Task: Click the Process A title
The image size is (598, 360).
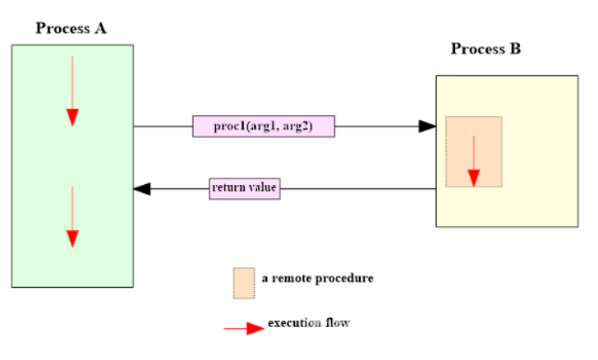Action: [71, 29]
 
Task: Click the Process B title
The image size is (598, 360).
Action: [485, 49]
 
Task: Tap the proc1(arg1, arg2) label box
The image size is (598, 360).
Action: [264, 126]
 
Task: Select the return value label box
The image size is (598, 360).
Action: [245, 188]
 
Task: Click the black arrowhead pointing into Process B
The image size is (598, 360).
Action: [426, 126]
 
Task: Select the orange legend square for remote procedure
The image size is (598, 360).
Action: [244, 282]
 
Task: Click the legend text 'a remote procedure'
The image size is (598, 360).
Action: [317, 279]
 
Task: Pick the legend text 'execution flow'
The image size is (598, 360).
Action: [309, 322]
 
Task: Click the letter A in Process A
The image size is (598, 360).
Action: [100, 29]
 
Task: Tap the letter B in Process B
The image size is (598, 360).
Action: [515, 49]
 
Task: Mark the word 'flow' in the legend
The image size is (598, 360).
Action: [337, 322]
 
